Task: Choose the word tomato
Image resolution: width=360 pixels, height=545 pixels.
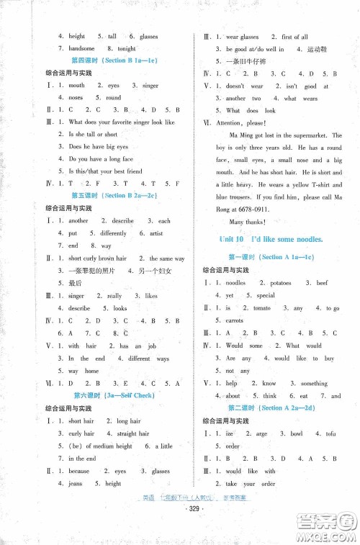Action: (262, 308)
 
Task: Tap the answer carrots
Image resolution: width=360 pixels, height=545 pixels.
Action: (235, 320)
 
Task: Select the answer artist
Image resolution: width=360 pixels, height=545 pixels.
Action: (156, 233)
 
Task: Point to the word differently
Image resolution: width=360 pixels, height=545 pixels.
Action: (113, 233)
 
